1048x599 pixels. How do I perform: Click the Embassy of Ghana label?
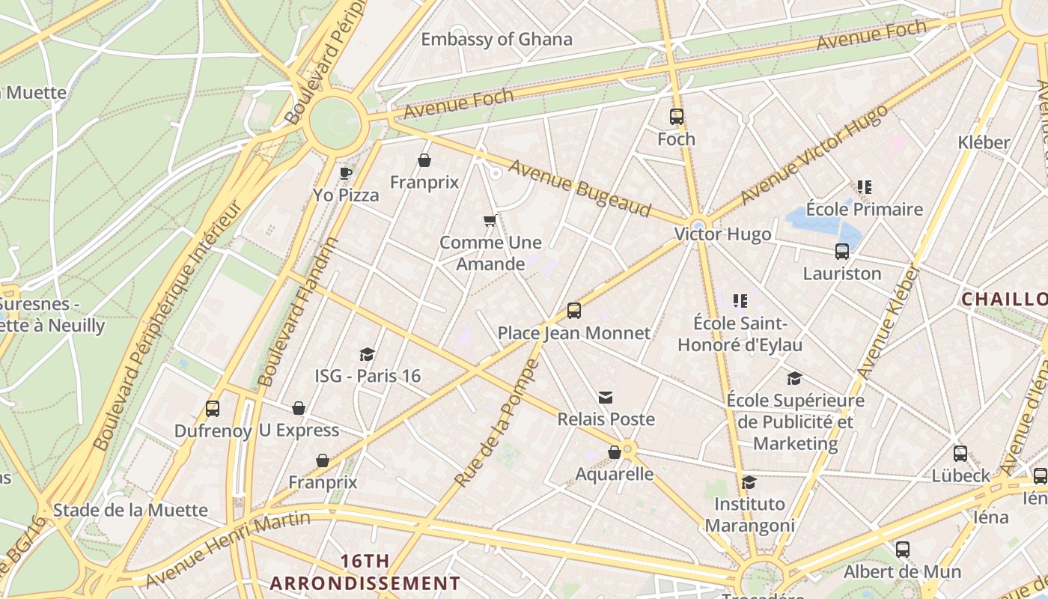pyautogui.click(x=496, y=40)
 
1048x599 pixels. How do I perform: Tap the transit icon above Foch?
pyautogui.click(x=677, y=117)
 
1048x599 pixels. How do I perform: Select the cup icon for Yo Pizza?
pyautogui.click(x=345, y=174)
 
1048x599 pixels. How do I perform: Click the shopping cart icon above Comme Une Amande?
pyautogui.click(x=490, y=220)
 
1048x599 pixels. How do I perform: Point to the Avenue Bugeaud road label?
pyautogui.click(x=579, y=188)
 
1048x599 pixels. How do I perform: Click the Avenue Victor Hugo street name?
pyautogui.click(x=814, y=155)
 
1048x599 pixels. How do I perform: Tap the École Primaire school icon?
pyautogui.click(x=865, y=187)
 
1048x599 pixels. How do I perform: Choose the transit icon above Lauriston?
pyautogui.click(x=842, y=252)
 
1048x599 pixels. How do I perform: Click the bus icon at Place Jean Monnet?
pyautogui.click(x=574, y=311)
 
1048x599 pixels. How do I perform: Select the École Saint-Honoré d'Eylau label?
pyautogui.click(x=740, y=334)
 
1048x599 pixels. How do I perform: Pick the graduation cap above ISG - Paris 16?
pyautogui.click(x=367, y=354)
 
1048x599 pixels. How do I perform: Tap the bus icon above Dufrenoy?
pyautogui.click(x=213, y=409)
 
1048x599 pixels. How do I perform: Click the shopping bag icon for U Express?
pyautogui.click(x=299, y=408)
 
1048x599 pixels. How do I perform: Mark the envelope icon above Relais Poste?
pyautogui.click(x=606, y=398)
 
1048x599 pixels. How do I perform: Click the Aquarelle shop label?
pyautogui.click(x=614, y=474)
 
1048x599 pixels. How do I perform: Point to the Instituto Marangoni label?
pyautogui.click(x=749, y=514)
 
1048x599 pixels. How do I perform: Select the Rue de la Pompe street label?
pyautogui.click(x=496, y=424)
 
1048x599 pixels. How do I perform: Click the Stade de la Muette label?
pyautogui.click(x=130, y=510)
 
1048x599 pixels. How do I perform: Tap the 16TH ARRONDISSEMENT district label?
pyautogui.click(x=365, y=572)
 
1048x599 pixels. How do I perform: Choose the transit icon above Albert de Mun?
pyautogui.click(x=903, y=550)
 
